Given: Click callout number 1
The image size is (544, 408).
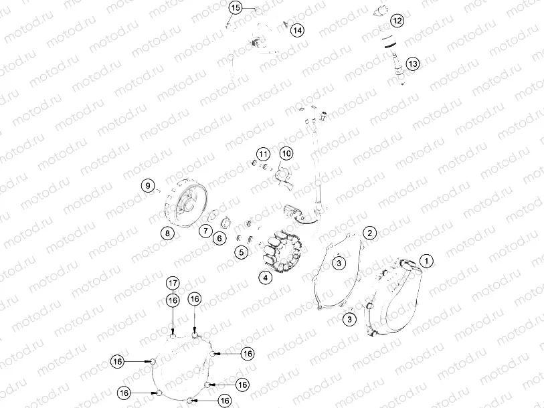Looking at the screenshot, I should coord(426,260).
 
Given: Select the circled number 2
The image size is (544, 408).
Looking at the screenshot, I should coord(369,233).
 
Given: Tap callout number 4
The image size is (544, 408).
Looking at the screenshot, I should coord(266,278).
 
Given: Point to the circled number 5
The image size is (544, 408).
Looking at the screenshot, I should coord(242,251).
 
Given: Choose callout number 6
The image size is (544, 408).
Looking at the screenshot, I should coord(219,237).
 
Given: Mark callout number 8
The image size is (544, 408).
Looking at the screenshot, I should coord(166,233).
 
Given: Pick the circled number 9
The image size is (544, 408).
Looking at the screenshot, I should coord(149,185).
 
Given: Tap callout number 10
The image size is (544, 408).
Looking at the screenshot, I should coord(286,154).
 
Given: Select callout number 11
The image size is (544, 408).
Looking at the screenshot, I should coord(262,154).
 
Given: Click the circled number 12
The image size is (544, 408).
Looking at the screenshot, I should coord(397,21).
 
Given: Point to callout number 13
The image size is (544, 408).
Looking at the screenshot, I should coord(412,64).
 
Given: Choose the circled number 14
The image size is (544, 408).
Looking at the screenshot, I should coord(296,30).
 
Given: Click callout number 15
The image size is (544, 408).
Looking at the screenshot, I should coord(235,8).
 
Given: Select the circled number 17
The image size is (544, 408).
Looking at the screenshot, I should coord(173,282).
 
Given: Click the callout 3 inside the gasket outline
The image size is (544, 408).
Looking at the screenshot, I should coord(340,263).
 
